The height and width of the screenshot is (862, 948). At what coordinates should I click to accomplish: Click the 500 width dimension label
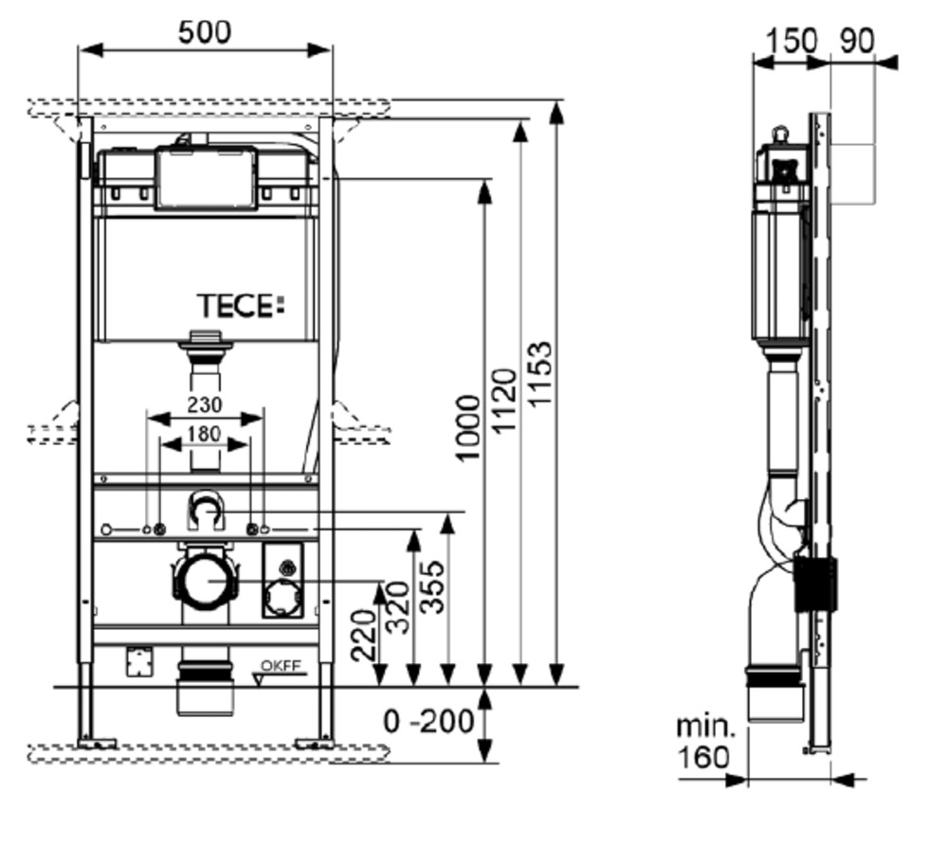pyautogui.click(x=205, y=31)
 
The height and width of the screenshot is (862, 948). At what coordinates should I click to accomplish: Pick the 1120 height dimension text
pyautogui.click(x=504, y=401)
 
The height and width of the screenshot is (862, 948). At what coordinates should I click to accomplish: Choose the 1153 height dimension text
pyautogui.click(x=540, y=374)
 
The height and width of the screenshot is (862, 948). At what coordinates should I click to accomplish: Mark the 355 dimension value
pyautogui.click(x=432, y=587)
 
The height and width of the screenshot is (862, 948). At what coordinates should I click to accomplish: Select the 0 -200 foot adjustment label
pyautogui.click(x=428, y=722)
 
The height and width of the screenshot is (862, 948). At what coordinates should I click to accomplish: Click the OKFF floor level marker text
pyautogui.click(x=281, y=666)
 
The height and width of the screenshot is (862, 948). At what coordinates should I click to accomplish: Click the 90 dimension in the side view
pyautogui.click(x=857, y=41)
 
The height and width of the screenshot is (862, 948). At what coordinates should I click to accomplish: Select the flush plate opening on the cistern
pyautogui.click(x=206, y=177)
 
